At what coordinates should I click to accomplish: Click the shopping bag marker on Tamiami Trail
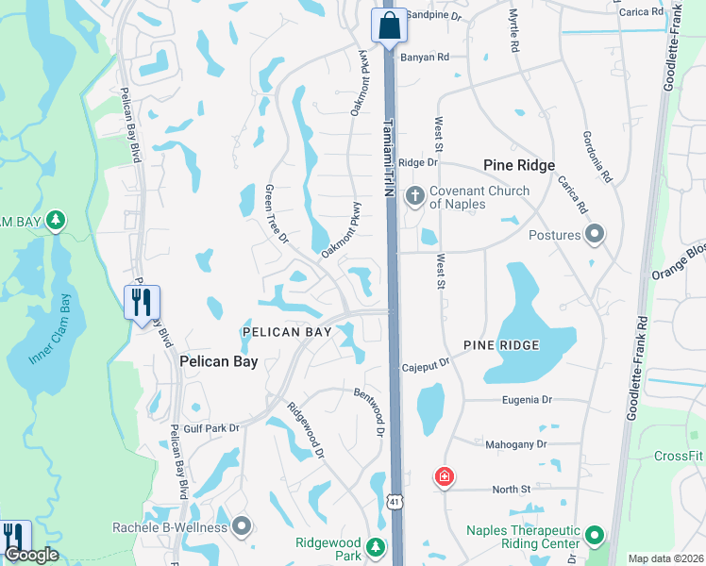[389, 26]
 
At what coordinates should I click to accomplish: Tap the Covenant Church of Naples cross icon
[413, 196]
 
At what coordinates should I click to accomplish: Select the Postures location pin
[594, 234]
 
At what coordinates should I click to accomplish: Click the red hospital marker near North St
[444, 477]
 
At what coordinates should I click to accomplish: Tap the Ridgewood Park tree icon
[376, 547]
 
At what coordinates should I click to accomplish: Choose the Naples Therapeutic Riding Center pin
[594, 536]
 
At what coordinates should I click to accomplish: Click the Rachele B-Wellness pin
[243, 526]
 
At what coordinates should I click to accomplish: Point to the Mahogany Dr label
[515, 444]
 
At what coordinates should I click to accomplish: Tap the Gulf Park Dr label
[211, 428]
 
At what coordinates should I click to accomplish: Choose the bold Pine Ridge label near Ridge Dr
[518, 164]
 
